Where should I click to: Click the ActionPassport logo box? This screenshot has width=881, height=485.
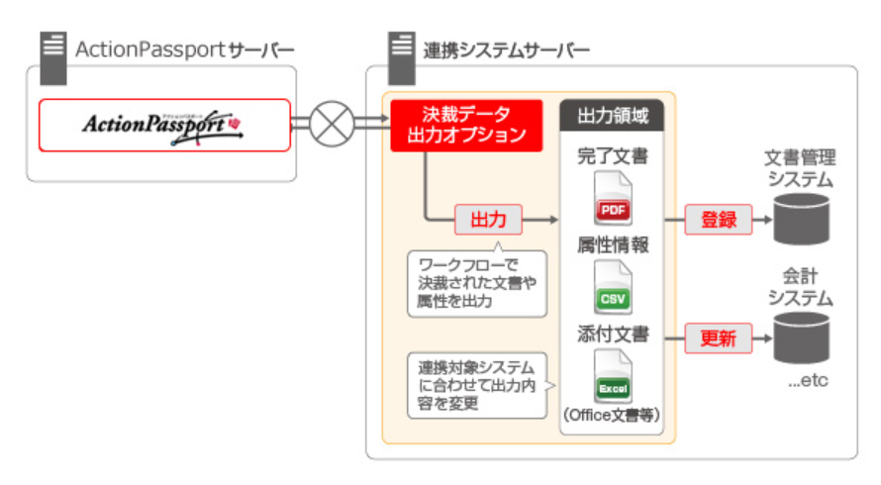pyautogui.click(x=164, y=125)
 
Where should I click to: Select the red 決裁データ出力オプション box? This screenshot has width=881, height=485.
pyautogui.click(x=465, y=125)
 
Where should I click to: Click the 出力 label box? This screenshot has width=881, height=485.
pyautogui.click(x=488, y=219)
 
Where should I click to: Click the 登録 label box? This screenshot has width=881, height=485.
pyautogui.click(x=719, y=219)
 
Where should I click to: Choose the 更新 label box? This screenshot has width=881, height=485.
pyautogui.click(x=719, y=338)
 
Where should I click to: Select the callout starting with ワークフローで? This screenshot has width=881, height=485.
pyautogui.click(x=476, y=283)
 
